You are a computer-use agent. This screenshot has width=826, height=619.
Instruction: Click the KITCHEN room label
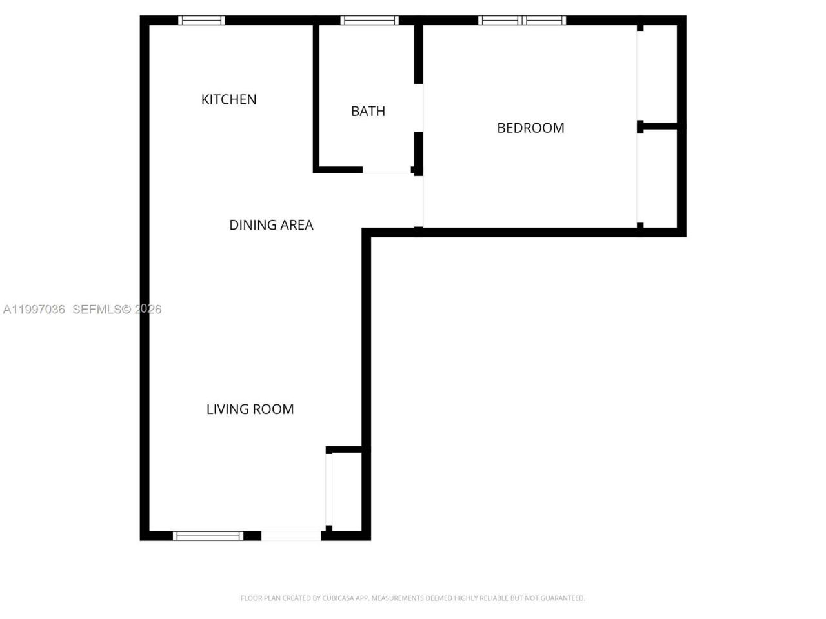pyautogui.click(x=228, y=99)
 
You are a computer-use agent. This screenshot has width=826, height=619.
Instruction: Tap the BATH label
pyautogui.click(x=368, y=111)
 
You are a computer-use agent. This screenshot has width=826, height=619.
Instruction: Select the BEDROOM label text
pyautogui.click(x=530, y=128)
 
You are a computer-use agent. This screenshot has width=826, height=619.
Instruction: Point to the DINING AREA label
pyautogui.click(x=271, y=224)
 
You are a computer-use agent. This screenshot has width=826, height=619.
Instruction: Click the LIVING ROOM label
pyautogui.click(x=250, y=409)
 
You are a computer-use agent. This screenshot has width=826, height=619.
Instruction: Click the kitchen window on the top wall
pyautogui.click(x=201, y=20)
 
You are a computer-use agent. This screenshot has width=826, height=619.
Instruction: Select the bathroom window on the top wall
pyautogui.click(x=369, y=20)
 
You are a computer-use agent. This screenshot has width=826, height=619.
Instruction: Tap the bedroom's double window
pyautogui.click(x=521, y=20)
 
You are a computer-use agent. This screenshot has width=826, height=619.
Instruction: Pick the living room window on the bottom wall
pyautogui.click(x=208, y=535)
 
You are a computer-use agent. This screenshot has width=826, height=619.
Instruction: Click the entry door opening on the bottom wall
pyautogui.click(x=291, y=535)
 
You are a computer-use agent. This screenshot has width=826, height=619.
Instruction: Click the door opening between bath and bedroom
pyautogui.click(x=419, y=108)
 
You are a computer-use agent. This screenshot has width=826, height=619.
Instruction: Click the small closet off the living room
pyautogui.click(x=347, y=489)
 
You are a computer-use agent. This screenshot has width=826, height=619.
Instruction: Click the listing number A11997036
pyautogui.click(x=34, y=309)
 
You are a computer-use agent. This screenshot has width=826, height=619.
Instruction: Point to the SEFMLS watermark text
pyautogui.click(x=97, y=309)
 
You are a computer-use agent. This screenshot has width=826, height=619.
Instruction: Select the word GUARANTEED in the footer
pyautogui.click(x=561, y=598)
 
